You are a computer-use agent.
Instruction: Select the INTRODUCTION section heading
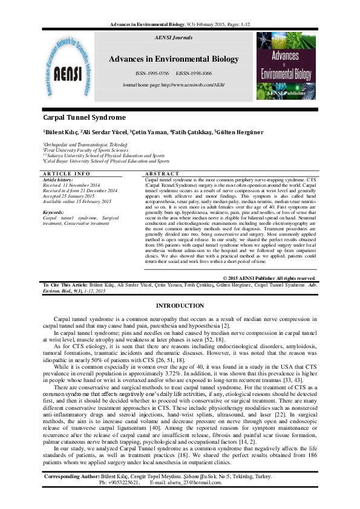(x=180, y=307)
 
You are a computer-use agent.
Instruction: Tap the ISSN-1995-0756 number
(x=152, y=73)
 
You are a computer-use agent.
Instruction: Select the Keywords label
(x=55, y=213)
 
